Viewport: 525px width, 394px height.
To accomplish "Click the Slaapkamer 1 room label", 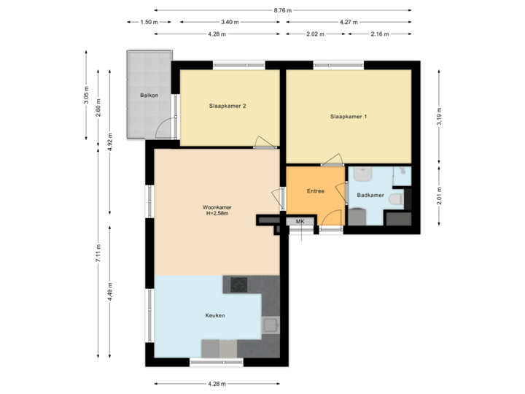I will (349, 117).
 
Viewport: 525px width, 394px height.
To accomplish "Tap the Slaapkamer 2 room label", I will (227, 107).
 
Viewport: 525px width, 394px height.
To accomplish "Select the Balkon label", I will (149, 96).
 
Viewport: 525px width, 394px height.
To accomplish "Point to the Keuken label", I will (214, 315).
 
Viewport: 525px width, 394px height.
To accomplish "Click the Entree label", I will (315, 191).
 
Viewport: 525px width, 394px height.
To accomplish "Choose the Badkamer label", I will (370, 196).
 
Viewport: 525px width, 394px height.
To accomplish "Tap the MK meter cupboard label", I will (300, 221).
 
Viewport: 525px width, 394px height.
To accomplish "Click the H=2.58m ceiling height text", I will (217, 214).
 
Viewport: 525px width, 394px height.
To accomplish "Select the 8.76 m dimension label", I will (283, 10).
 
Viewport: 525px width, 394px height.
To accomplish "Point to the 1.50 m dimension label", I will (149, 23).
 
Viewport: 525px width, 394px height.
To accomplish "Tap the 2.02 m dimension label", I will (315, 34).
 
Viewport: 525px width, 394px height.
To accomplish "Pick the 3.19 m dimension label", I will (439, 117).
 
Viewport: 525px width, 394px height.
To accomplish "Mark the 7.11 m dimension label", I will (98, 253).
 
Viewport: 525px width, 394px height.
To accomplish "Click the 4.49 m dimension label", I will (110, 290).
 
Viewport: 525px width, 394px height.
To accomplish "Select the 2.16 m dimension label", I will (380, 34).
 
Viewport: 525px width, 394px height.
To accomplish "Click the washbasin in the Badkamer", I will (364, 175).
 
